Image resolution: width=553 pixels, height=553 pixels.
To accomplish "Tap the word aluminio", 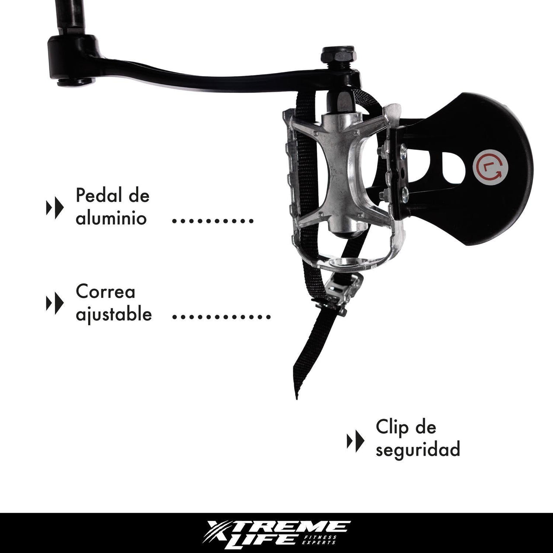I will (x=111, y=218).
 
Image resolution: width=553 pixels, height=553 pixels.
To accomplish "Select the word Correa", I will (x=105, y=292).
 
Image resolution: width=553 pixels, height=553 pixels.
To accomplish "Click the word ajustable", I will (x=114, y=314).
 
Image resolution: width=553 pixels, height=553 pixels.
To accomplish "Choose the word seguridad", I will (x=417, y=450).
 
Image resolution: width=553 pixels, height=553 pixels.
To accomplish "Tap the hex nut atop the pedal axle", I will (x=338, y=56).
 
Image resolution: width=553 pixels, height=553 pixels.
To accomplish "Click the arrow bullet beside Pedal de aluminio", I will (x=55, y=208).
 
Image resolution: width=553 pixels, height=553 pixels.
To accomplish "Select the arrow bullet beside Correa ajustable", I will (x=55, y=303).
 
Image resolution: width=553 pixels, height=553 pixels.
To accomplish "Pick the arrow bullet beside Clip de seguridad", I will (x=356, y=441).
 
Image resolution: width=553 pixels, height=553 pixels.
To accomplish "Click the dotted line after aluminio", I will (x=213, y=220).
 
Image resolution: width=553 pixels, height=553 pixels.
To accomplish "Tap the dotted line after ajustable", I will (x=221, y=317).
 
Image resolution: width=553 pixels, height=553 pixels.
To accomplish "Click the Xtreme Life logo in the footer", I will (x=276, y=533).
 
